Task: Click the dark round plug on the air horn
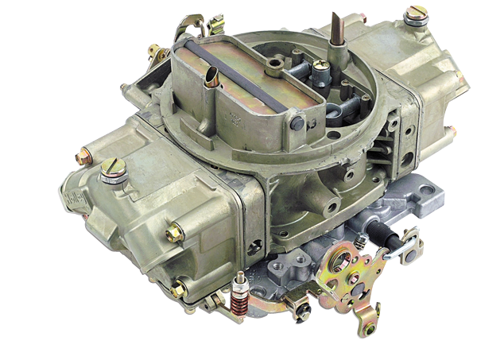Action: tap(296, 122)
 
